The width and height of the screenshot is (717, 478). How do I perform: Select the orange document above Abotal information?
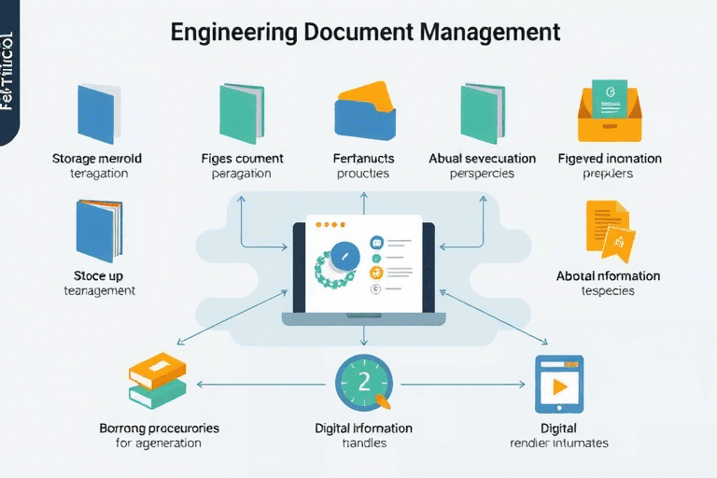pos(607,229)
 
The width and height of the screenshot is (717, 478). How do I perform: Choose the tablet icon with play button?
pos(558,383)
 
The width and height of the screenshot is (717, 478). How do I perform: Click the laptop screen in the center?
pos(363,266)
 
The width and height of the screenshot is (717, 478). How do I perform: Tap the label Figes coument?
pos(242,159)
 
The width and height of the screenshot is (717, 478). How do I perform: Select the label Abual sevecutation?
pos(482,159)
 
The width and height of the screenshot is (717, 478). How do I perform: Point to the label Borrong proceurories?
pos(159,428)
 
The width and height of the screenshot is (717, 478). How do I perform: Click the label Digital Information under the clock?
pos(364,428)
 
